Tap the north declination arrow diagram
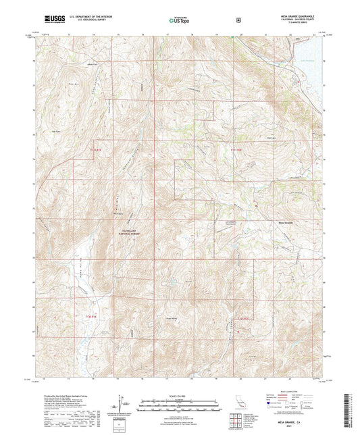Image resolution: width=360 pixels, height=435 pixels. [120, 403]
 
